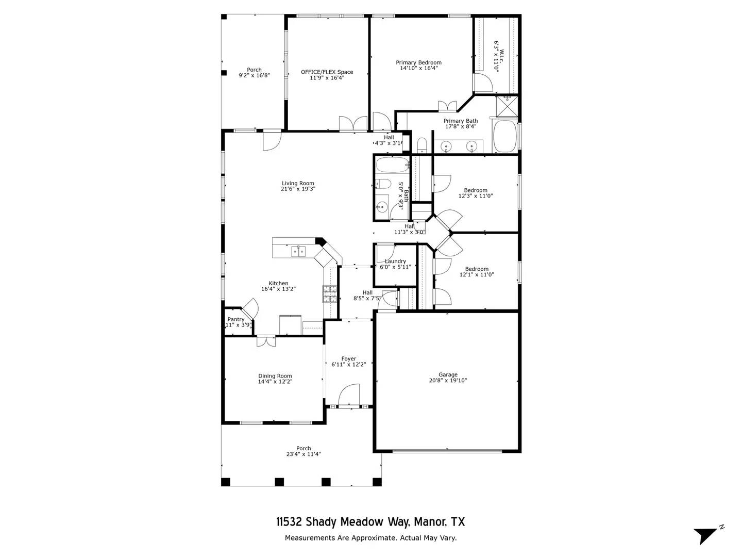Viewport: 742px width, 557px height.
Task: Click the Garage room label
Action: tap(448, 375)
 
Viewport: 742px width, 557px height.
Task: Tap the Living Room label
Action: tap(298, 183)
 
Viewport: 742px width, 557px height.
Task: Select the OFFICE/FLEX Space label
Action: tap(327, 72)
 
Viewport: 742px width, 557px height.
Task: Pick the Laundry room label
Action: tap(395, 261)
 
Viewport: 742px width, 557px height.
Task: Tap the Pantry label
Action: tap(236, 319)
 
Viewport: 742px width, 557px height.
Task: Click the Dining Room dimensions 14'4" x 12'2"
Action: tap(275, 382)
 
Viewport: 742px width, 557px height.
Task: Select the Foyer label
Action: tap(349, 358)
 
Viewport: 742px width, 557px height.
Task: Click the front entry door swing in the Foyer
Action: tap(349, 395)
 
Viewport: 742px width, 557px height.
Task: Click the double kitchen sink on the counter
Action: tap(298, 251)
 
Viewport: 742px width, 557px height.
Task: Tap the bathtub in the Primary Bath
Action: tap(505, 137)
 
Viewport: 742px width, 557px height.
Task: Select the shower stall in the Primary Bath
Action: tap(507, 106)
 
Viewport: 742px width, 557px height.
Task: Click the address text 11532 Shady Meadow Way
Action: tap(343, 522)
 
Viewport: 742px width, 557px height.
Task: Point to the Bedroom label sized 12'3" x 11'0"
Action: tap(475, 190)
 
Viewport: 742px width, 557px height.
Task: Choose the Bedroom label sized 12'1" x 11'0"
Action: tap(477, 269)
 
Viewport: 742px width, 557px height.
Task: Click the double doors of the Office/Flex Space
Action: tap(353, 124)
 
